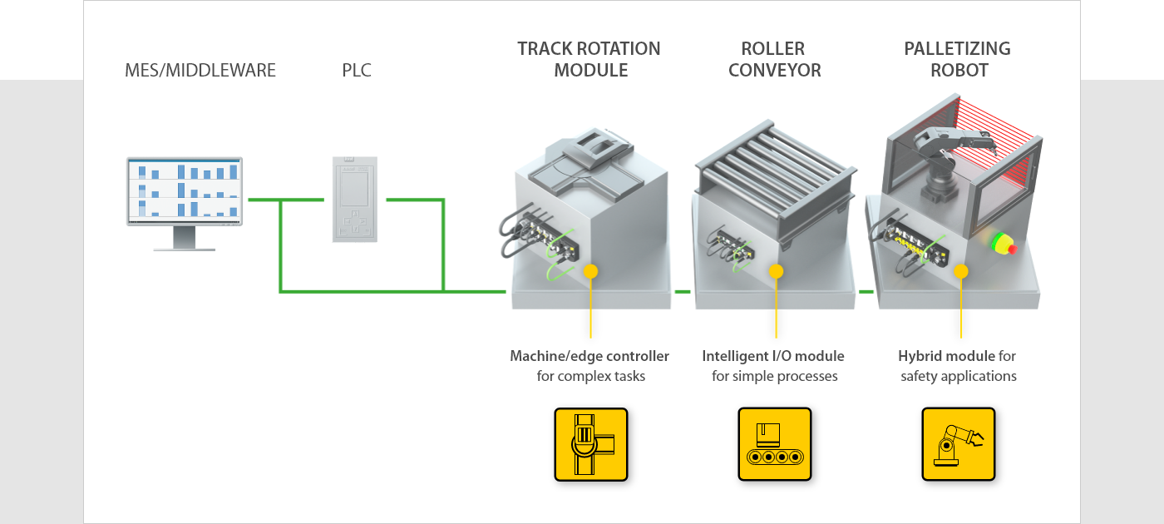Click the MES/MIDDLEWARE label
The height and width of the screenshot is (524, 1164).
pyautogui.click(x=200, y=71)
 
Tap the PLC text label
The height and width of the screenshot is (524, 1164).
pyautogui.click(x=357, y=71)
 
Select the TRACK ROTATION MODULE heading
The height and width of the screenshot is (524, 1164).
pyautogui.click(x=589, y=60)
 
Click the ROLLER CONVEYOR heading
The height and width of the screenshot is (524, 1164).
pyautogui.click(x=774, y=60)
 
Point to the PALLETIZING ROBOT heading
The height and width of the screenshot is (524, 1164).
pyautogui.click(x=958, y=60)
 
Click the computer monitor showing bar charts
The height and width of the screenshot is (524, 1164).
pyautogui.click(x=185, y=190)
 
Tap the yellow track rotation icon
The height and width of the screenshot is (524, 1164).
pyautogui.click(x=590, y=444)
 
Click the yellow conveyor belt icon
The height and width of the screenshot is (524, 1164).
pyautogui.click(x=774, y=444)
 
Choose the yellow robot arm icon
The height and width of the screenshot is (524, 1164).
pyautogui.click(x=958, y=444)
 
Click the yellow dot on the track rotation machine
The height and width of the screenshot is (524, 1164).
pyautogui.click(x=590, y=271)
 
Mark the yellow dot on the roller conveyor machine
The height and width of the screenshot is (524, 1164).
pyautogui.click(x=776, y=271)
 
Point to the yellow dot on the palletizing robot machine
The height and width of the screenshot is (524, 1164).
pyautogui.click(x=960, y=271)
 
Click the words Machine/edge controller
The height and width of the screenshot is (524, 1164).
pyautogui.click(x=589, y=356)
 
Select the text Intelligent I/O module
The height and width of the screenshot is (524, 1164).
pyautogui.click(x=773, y=356)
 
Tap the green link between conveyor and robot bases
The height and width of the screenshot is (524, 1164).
pyautogui.click(x=866, y=292)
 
